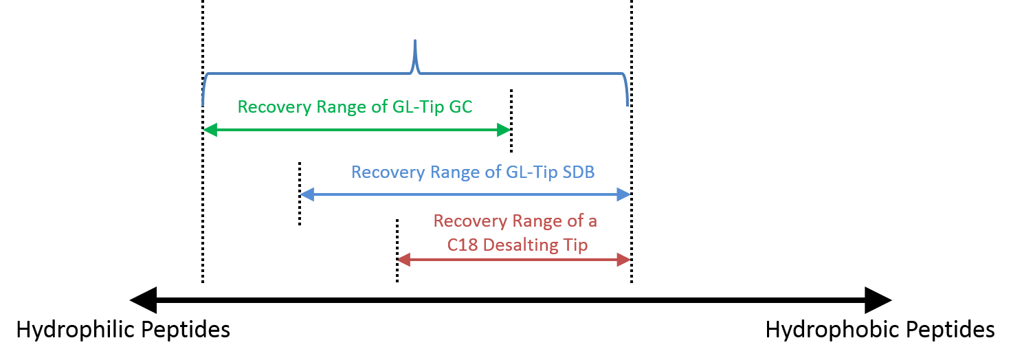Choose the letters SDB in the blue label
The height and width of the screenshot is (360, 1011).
(x=578, y=172)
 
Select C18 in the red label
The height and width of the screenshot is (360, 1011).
(x=462, y=245)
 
